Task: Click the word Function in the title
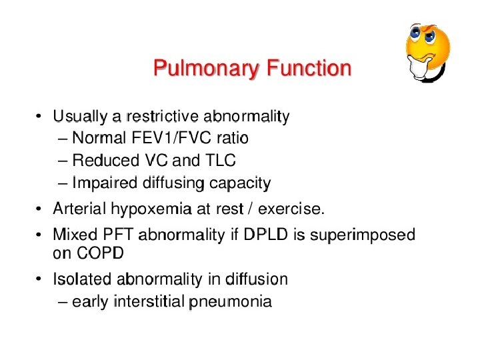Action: [x=309, y=69]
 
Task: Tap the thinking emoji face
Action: [x=427, y=51]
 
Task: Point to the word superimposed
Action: [x=369, y=235]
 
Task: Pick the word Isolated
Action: [x=82, y=279]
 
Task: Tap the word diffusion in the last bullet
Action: [x=257, y=279]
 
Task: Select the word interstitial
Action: [x=149, y=302]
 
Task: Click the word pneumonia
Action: [x=231, y=302]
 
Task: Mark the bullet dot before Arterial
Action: [x=41, y=210]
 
